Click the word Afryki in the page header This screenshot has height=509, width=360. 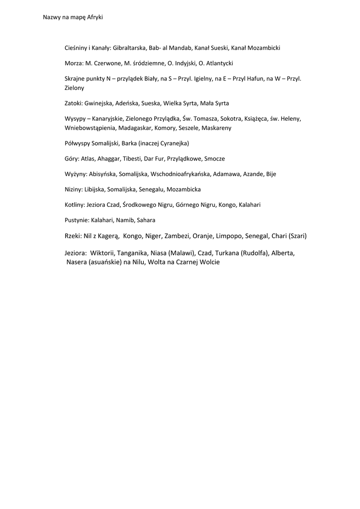pyautogui.click(x=95, y=17)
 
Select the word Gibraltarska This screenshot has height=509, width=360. pyautogui.click(x=129, y=48)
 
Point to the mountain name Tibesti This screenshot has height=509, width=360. pyautogui.click(x=129, y=158)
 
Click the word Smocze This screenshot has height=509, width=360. pyautogui.click(x=214, y=158)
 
